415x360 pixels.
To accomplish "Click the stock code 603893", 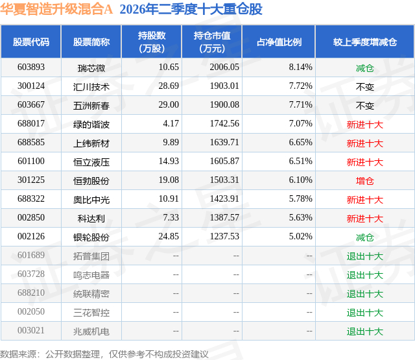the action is tap(31, 67).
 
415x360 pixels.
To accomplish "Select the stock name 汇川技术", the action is tap(91, 87).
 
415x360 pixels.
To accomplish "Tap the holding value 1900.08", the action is tap(224, 104).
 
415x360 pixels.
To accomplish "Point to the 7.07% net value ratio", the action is tap(300, 123).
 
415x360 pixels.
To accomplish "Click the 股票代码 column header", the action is tap(31, 42).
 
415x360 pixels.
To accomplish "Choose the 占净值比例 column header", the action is tap(279, 42).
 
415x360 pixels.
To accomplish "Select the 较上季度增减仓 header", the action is tap(365, 42).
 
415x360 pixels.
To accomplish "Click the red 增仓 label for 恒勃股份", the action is tap(365, 181).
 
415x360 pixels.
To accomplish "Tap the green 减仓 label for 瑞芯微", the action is tap(365, 68).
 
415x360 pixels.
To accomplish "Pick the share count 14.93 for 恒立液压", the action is tap(169, 161).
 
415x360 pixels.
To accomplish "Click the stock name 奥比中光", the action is tap(91, 200).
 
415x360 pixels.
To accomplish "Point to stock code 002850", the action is tap(31, 217).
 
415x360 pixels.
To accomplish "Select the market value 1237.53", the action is tap(224, 236).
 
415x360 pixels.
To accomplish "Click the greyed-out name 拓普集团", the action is tap(91, 256).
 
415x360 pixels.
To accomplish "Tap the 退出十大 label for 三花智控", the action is tap(365, 313).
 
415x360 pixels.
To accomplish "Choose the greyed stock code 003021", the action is tap(31, 330).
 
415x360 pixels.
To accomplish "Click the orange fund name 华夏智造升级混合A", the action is tap(56, 9).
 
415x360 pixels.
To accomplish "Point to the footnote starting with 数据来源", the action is tap(104, 354).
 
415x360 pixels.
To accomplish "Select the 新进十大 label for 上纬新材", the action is tap(365, 143).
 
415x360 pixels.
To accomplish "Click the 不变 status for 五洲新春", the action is tap(365, 106).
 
